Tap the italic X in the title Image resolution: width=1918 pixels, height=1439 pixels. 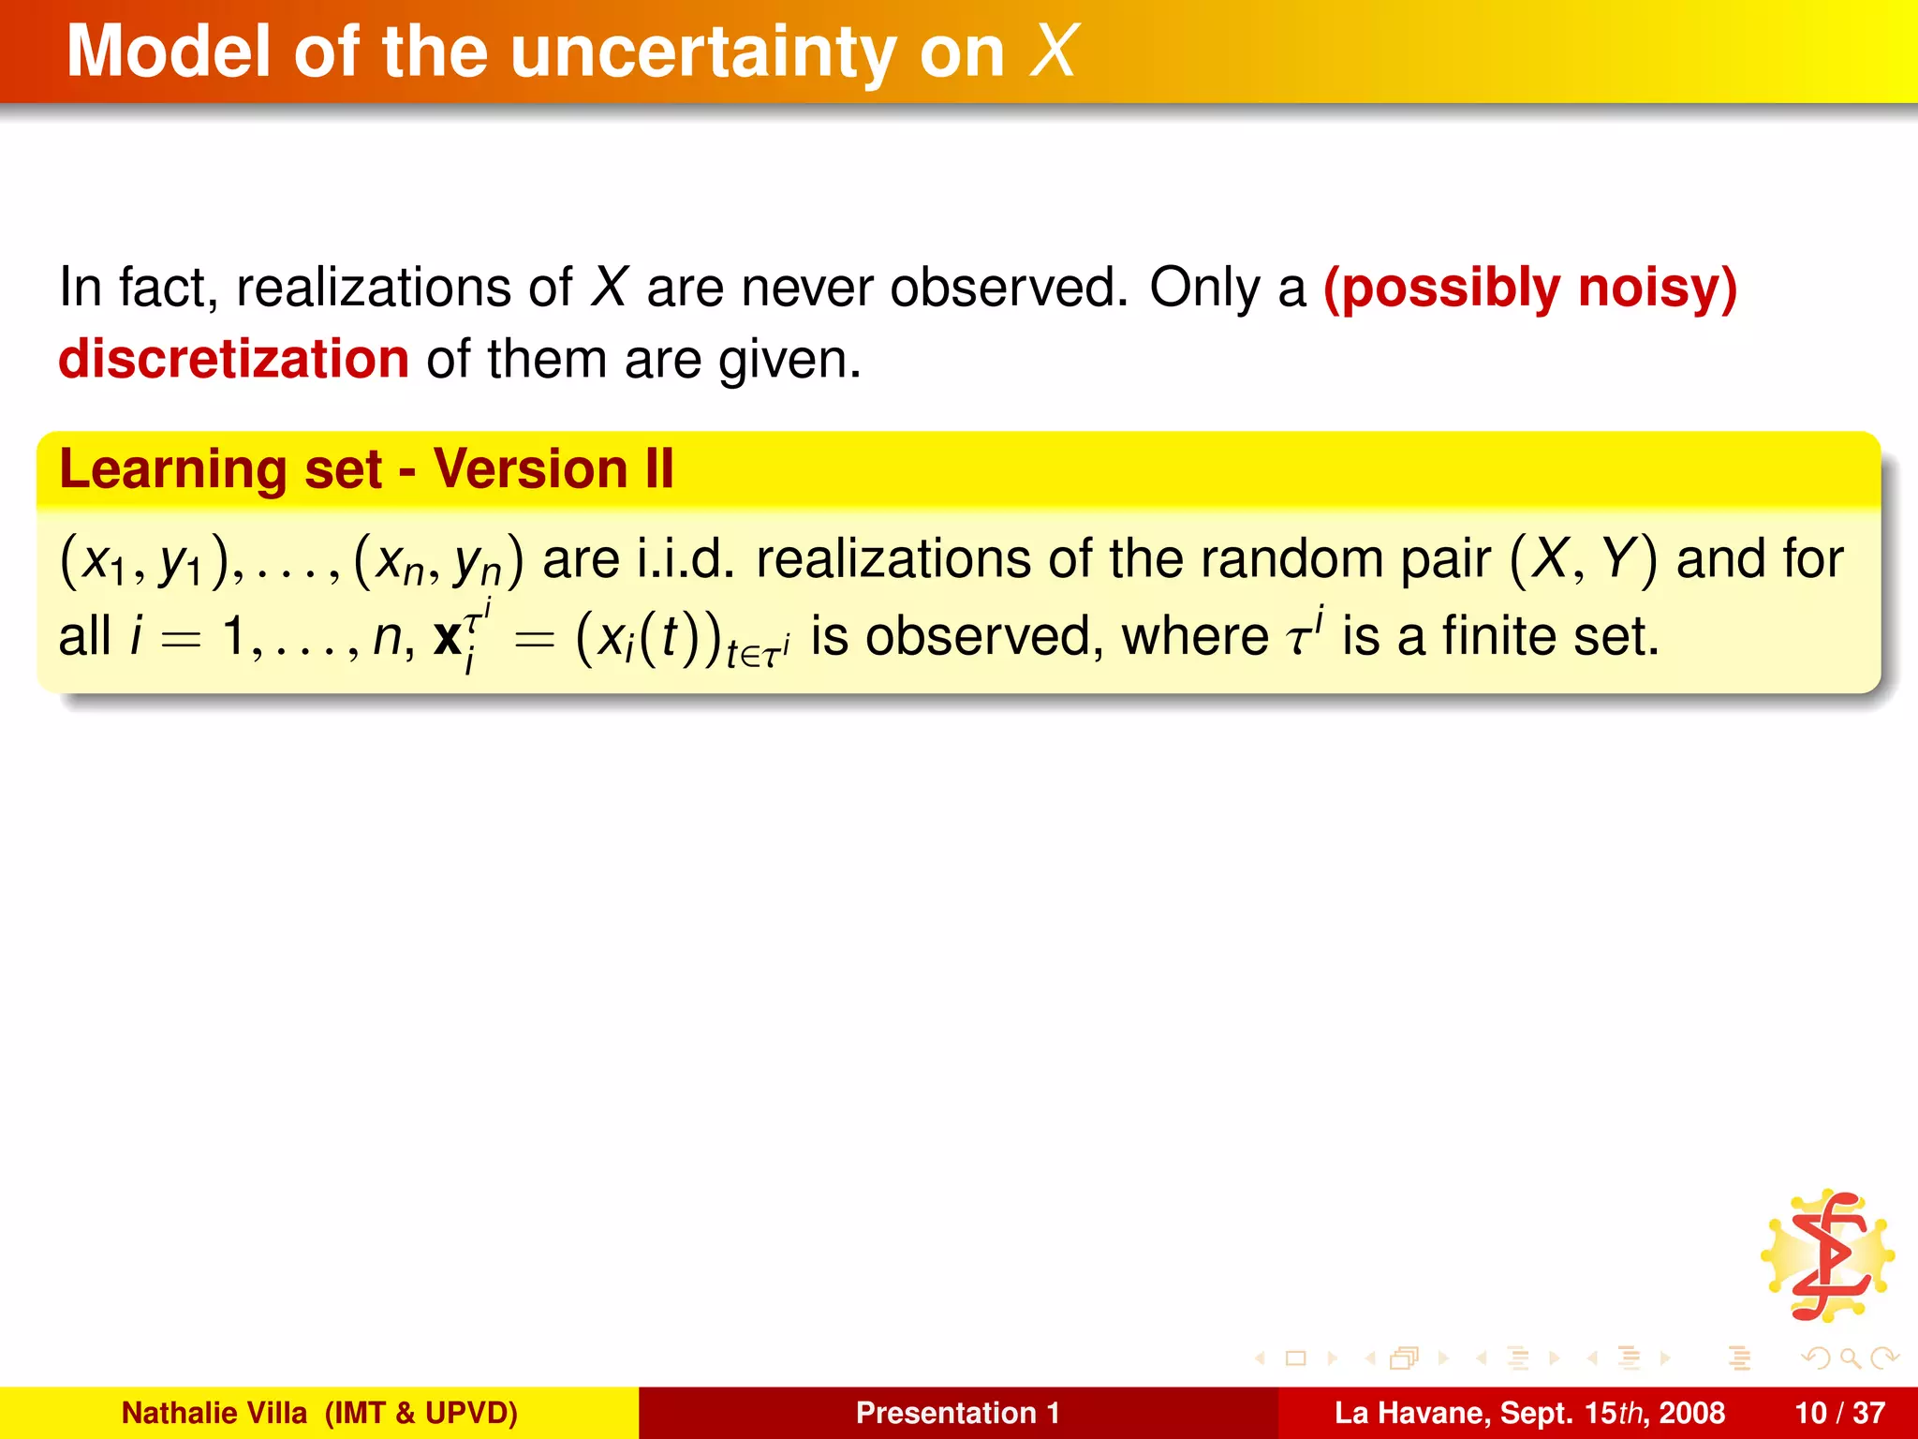[1054, 51]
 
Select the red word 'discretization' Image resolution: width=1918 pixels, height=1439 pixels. [233, 360]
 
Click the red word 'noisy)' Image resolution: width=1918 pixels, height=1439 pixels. [1658, 288]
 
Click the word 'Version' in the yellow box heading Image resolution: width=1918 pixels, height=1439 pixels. [530, 468]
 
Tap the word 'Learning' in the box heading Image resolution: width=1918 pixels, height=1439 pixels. [172, 470]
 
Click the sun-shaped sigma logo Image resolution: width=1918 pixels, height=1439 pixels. [1828, 1255]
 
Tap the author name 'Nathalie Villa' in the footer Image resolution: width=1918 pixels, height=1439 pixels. [214, 1413]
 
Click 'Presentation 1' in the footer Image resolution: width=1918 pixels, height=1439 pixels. [957, 1413]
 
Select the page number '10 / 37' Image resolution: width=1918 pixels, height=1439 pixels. [1839, 1413]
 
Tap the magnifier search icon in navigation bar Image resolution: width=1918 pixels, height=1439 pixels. [1850, 1357]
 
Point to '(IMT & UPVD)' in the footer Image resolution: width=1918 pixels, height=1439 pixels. [420, 1413]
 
